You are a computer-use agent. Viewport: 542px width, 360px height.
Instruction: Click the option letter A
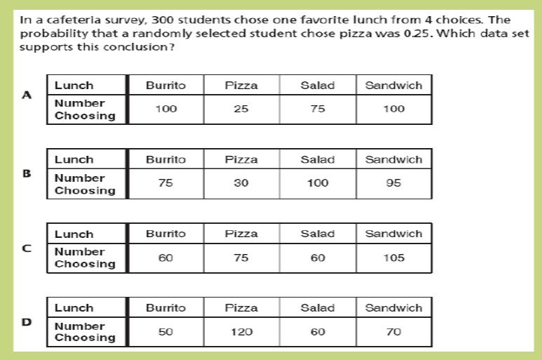(x=27, y=96)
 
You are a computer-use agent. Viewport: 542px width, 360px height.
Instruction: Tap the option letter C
(x=27, y=246)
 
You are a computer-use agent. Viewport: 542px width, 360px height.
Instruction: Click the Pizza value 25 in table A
(x=241, y=109)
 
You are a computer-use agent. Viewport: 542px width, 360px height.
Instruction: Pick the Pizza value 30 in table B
(x=241, y=184)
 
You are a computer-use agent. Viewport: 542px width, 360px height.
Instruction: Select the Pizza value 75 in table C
(x=241, y=258)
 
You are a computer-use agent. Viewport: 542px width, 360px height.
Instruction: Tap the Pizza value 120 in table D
(x=241, y=332)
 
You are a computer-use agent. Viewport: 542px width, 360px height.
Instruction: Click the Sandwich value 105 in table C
(x=394, y=258)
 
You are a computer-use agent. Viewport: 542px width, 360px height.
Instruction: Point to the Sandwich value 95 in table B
(x=394, y=184)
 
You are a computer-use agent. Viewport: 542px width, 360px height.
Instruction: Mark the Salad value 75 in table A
(x=318, y=109)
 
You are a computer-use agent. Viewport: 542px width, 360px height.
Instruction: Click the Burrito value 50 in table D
(x=165, y=332)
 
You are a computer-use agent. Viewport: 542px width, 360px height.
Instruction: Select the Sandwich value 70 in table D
(x=394, y=332)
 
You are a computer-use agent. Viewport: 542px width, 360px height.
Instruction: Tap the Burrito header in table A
(x=165, y=86)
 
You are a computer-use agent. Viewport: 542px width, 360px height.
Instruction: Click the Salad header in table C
(x=318, y=234)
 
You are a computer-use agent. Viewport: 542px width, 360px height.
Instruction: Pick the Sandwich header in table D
(x=394, y=307)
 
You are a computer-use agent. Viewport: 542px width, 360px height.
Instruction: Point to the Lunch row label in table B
(x=74, y=159)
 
